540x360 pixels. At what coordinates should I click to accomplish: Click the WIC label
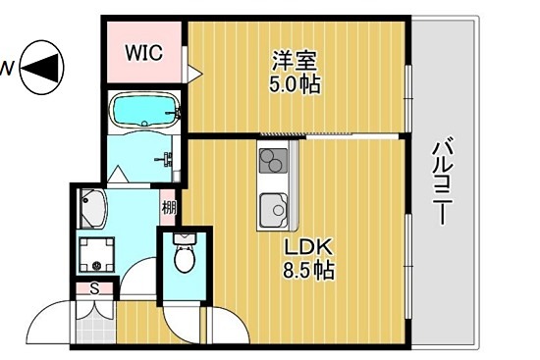click(x=142, y=52)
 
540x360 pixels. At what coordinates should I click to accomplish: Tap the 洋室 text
click(x=296, y=60)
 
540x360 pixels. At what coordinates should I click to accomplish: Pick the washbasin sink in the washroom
click(x=95, y=207)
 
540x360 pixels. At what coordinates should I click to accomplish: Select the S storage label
click(x=94, y=288)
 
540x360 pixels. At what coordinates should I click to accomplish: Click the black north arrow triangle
click(x=40, y=67)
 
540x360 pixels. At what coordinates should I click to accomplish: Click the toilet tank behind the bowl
click(x=184, y=239)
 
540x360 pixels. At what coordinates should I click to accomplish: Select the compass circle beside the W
click(x=40, y=67)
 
